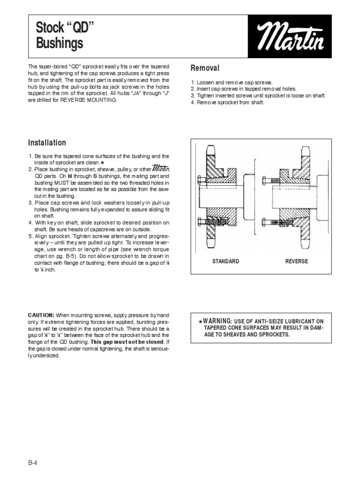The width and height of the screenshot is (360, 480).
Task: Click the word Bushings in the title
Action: point(60,44)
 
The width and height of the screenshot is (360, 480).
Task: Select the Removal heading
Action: point(205,68)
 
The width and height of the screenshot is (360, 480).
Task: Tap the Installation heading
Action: point(47,142)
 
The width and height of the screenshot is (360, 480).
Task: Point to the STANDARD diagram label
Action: point(225,261)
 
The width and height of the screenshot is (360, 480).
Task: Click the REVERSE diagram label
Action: point(297,261)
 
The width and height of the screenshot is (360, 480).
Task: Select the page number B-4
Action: point(32,462)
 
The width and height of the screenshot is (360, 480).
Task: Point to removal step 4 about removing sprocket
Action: point(227,102)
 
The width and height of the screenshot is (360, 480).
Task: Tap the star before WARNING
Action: point(200,321)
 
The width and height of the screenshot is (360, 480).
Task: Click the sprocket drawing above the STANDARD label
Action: point(225,197)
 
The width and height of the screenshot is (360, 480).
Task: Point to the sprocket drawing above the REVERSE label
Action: point(295,197)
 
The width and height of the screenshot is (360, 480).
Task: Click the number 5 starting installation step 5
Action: point(30,237)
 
